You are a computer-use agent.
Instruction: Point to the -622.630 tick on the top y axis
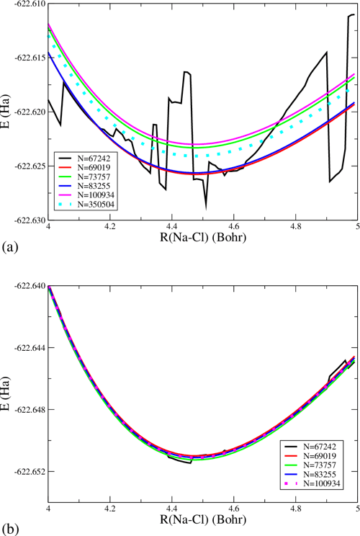(26, 220)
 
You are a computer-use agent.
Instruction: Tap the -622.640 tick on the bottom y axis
(26, 286)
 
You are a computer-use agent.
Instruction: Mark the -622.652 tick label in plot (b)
(26, 471)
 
